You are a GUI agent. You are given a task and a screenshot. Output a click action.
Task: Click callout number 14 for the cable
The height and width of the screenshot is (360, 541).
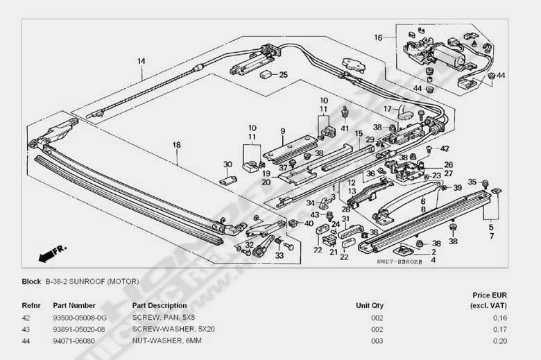[x=141, y=61]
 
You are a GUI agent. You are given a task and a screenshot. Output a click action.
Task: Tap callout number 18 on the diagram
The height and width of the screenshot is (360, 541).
[x=176, y=144]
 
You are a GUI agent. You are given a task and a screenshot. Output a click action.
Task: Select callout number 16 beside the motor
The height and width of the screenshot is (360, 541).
[x=378, y=37]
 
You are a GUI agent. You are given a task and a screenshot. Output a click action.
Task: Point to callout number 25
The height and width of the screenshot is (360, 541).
[x=282, y=74]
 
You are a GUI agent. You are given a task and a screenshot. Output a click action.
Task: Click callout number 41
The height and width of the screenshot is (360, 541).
[x=345, y=128]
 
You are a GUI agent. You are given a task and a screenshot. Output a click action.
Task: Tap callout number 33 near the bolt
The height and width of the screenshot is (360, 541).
[x=280, y=255]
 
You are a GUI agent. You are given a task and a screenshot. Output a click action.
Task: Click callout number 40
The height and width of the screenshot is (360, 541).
[x=309, y=223]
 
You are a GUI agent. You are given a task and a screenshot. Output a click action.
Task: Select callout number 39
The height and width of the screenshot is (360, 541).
[x=457, y=188]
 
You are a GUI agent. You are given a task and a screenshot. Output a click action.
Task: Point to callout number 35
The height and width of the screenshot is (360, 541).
[x=472, y=182]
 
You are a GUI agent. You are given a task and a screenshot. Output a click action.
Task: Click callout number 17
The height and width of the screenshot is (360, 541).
[x=388, y=108]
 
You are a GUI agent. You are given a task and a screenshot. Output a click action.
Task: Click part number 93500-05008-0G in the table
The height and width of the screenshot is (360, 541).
[x=80, y=317]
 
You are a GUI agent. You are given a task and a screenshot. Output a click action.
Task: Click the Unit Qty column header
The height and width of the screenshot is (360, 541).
[x=369, y=305]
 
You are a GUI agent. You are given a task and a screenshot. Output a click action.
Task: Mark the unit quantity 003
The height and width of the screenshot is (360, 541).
[x=377, y=341]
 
